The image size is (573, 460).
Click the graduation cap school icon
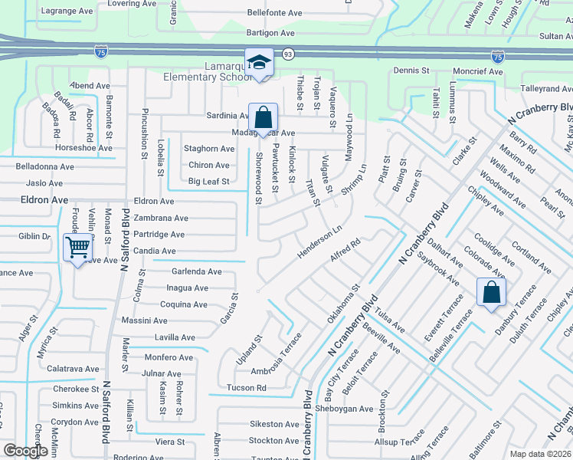260,62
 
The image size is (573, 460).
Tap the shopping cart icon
77,247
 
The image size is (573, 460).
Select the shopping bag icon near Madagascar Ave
263,117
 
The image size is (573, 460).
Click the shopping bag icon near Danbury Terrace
491,291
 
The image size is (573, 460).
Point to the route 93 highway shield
287,54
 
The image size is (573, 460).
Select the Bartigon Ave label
272,33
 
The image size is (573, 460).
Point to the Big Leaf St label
209,182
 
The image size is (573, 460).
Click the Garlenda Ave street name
197,271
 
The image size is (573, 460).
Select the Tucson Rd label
246,388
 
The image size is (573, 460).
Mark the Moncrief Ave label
477,71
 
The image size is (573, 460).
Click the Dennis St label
411,70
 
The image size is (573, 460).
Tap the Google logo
25,452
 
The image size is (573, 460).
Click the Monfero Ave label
169,357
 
